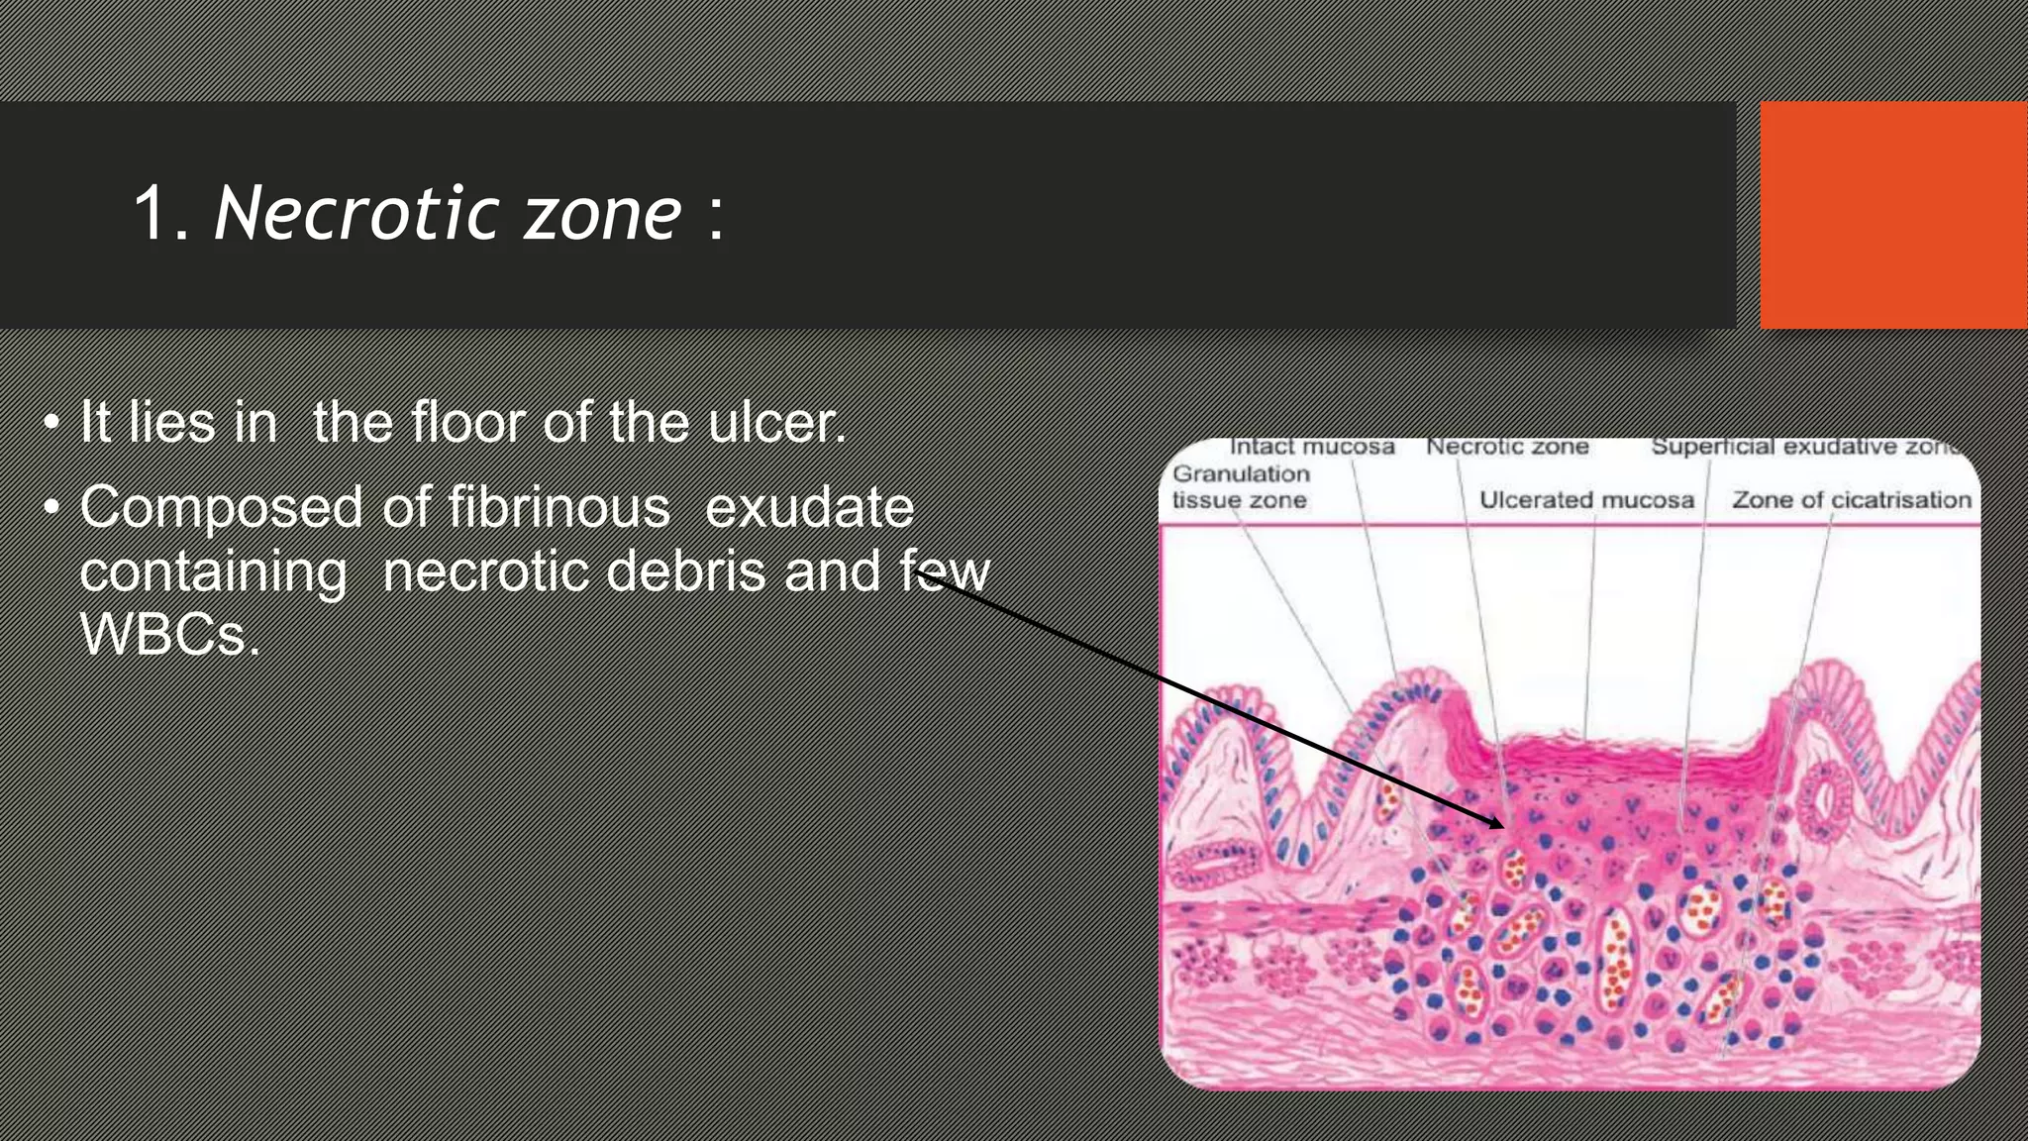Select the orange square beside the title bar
[1892, 215]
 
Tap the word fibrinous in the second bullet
[558, 508]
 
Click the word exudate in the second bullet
[809, 508]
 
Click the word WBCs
[168, 635]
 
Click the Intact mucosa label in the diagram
[1311, 448]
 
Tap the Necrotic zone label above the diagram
[1507, 448]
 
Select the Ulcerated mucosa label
[1586, 500]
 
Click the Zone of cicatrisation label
[1851, 500]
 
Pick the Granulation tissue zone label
[1241, 487]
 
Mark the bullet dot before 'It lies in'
[51, 424]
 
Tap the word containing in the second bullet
[213, 571]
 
